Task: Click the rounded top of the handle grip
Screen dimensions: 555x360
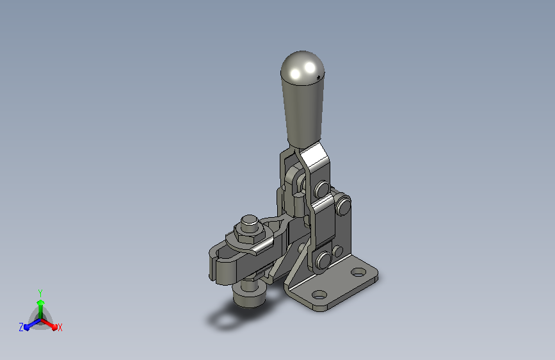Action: pos(303,67)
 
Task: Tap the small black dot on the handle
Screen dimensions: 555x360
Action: pos(319,78)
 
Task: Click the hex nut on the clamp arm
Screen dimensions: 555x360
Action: pos(249,234)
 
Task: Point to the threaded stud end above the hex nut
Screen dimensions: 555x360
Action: pos(249,222)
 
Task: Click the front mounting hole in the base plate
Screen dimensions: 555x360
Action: pos(319,295)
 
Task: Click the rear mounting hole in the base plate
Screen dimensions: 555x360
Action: pos(359,272)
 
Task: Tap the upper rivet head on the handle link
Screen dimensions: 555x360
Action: pos(322,189)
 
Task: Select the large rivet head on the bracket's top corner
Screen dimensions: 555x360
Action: pos(343,205)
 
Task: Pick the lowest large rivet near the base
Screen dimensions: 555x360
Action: pos(323,260)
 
